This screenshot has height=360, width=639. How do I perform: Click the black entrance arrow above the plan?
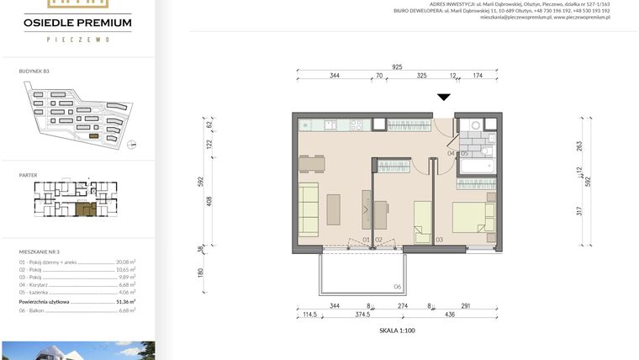(444, 98)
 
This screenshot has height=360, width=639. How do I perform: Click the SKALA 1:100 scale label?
(397, 331)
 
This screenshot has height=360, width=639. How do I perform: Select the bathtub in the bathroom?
(478, 168)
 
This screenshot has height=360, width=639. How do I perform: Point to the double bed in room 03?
(474, 217)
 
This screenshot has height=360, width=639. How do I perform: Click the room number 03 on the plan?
(439, 241)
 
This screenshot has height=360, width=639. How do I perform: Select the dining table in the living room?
(311, 163)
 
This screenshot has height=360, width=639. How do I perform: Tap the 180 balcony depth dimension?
(202, 273)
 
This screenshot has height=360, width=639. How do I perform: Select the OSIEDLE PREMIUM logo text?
(77, 23)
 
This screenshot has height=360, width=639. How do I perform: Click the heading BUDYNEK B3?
(34, 72)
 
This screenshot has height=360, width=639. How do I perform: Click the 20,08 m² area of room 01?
(125, 262)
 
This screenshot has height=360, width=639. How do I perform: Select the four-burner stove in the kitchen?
(356, 125)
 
